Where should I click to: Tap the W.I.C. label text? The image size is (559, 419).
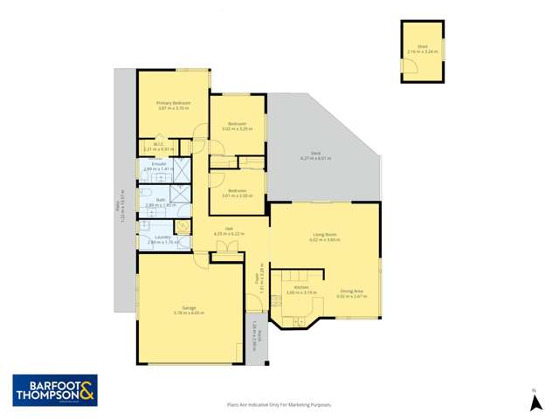pyautogui.click(x=159, y=144)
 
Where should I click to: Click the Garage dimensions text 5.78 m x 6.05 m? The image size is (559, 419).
pyautogui.click(x=189, y=312)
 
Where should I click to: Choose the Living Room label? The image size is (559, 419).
pyautogui.click(x=326, y=234)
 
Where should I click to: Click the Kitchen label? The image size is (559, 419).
pyautogui.click(x=301, y=287)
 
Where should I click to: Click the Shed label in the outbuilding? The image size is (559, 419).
pyautogui.click(x=422, y=46)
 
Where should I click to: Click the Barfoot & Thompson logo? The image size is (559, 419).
pyautogui.click(x=55, y=391)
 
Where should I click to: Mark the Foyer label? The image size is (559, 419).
pyautogui.click(x=257, y=278)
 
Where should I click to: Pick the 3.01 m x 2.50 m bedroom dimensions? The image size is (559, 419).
pyautogui.click(x=237, y=196)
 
